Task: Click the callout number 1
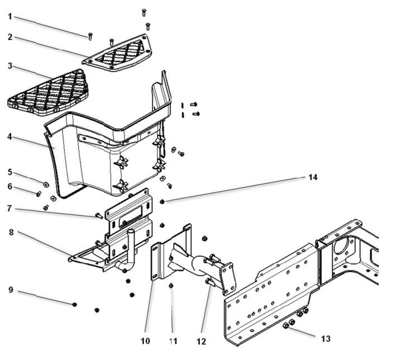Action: [10, 17]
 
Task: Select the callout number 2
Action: [10, 37]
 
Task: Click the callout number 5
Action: [10, 172]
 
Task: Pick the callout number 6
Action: [10, 186]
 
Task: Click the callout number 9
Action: [10, 290]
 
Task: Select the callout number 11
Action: [173, 340]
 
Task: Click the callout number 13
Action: [326, 338]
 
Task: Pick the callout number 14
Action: [313, 177]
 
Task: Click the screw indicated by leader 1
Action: [90, 37]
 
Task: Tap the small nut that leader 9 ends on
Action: [74, 304]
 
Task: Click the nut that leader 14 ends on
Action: [162, 201]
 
